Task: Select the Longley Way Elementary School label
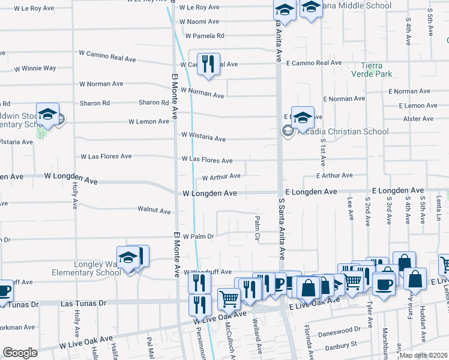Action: click(82, 268)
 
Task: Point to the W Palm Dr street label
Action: click(198, 236)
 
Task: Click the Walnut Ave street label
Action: click(154, 211)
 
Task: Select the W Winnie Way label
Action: click(35, 68)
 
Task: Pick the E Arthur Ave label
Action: click(327, 176)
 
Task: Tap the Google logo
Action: click(20, 353)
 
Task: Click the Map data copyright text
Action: click(423, 355)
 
